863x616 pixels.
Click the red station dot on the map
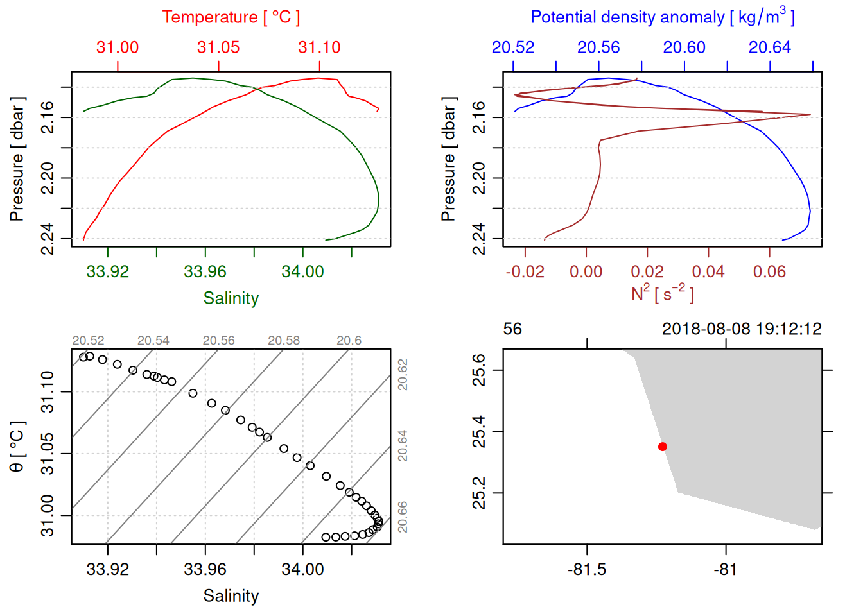point(663,447)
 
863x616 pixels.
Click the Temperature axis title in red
point(231,17)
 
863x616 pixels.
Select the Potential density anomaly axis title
point(662,17)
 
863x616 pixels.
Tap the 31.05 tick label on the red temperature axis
point(218,47)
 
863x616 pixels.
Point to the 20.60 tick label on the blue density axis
point(684,47)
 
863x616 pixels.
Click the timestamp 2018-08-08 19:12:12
point(742,329)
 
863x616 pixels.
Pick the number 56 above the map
point(512,329)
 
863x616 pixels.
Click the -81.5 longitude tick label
point(587,570)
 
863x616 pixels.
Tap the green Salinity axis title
point(231,298)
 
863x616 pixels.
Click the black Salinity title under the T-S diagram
point(231,596)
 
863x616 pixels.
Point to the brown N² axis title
point(662,294)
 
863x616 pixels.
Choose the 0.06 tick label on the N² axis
point(769,272)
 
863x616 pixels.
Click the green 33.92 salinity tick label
point(108,272)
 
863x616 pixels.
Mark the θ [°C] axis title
point(17,447)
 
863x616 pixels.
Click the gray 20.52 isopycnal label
point(88,341)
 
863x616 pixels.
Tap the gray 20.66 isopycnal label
point(403,517)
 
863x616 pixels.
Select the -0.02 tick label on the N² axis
point(525,272)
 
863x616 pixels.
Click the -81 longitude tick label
point(726,570)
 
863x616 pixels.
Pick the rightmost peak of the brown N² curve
point(810,115)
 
